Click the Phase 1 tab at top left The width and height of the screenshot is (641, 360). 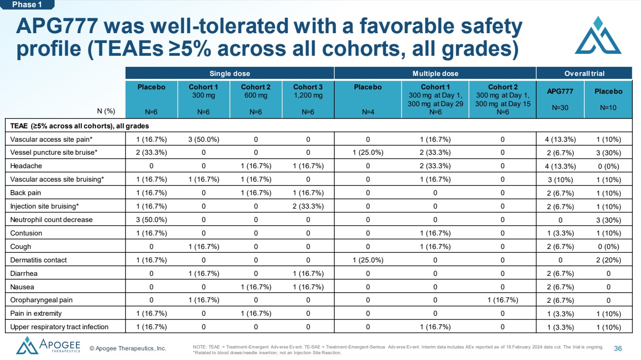click(27, 5)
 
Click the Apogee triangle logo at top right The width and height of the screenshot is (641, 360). click(598, 36)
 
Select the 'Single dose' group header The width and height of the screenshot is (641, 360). click(230, 74)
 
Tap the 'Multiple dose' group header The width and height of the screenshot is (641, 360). click(435, 74)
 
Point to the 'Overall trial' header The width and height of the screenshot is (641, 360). click(584, 74)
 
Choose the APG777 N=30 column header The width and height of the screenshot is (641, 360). click(560, 99)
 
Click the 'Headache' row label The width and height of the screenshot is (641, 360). click(26, 166)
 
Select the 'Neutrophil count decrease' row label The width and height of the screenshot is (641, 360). click(51, 220)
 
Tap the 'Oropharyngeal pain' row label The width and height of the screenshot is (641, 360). click(41, 300)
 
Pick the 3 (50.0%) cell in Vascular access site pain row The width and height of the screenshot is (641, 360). click(204, 139)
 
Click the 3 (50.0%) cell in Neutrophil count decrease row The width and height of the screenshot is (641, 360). click(151, 220)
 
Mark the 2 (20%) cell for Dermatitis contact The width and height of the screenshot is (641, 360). click(608, 260)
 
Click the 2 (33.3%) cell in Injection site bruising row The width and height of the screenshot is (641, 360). click(308, 206)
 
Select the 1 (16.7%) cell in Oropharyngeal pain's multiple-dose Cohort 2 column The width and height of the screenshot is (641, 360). click(503, 300)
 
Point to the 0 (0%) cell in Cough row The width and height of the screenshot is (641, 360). click(608, 247)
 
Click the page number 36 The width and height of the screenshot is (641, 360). click(618, 348)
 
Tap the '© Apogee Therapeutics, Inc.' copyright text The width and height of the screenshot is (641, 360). click(128, 348)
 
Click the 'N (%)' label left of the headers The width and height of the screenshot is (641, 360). click(106, 111)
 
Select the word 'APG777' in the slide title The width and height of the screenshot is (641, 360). click(57, 26)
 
